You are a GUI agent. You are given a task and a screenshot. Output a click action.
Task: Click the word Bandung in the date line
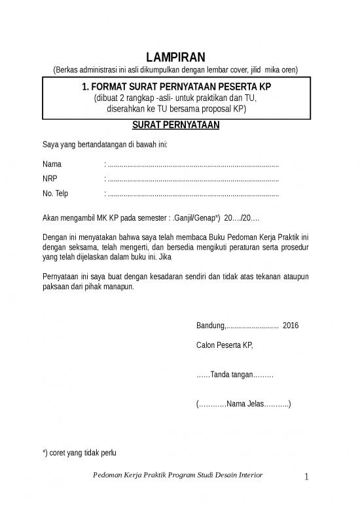210,326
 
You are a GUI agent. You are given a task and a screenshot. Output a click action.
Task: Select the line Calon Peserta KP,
225,345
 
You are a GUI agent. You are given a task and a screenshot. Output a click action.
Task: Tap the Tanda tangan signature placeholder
234,375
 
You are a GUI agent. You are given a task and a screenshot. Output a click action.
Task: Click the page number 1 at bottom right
306,478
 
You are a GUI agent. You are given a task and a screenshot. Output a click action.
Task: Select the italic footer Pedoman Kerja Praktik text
177,476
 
